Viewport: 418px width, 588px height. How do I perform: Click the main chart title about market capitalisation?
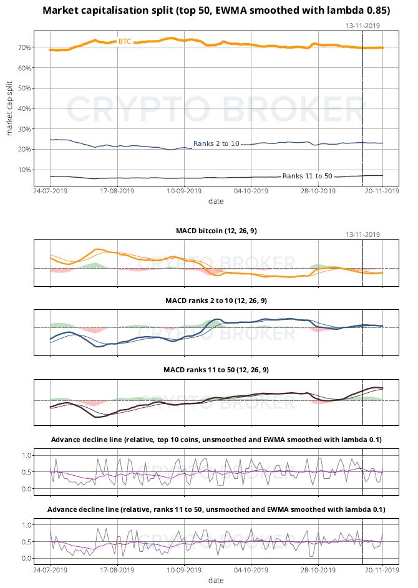tap(216, 11)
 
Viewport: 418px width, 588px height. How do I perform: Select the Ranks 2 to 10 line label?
tap(216, 144)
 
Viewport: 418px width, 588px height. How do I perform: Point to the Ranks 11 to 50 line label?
tap(308, 176)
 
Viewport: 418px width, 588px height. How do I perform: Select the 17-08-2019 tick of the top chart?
tap(118, 191)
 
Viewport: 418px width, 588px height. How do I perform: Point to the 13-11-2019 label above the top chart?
tap(362, 26)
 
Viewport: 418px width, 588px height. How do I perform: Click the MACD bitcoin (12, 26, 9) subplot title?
tap(216, 231)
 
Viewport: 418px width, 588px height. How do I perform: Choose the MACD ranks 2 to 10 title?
tap(216, 301)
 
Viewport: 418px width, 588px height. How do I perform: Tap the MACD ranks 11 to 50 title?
tap(216, 370)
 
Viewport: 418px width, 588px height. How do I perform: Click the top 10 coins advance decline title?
tap(216, 440)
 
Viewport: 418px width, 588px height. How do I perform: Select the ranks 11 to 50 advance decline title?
tap(216, 510)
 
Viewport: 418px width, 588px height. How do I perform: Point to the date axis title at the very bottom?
tap(216, 581)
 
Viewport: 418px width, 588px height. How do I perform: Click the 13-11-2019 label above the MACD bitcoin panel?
tap(362, 234)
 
